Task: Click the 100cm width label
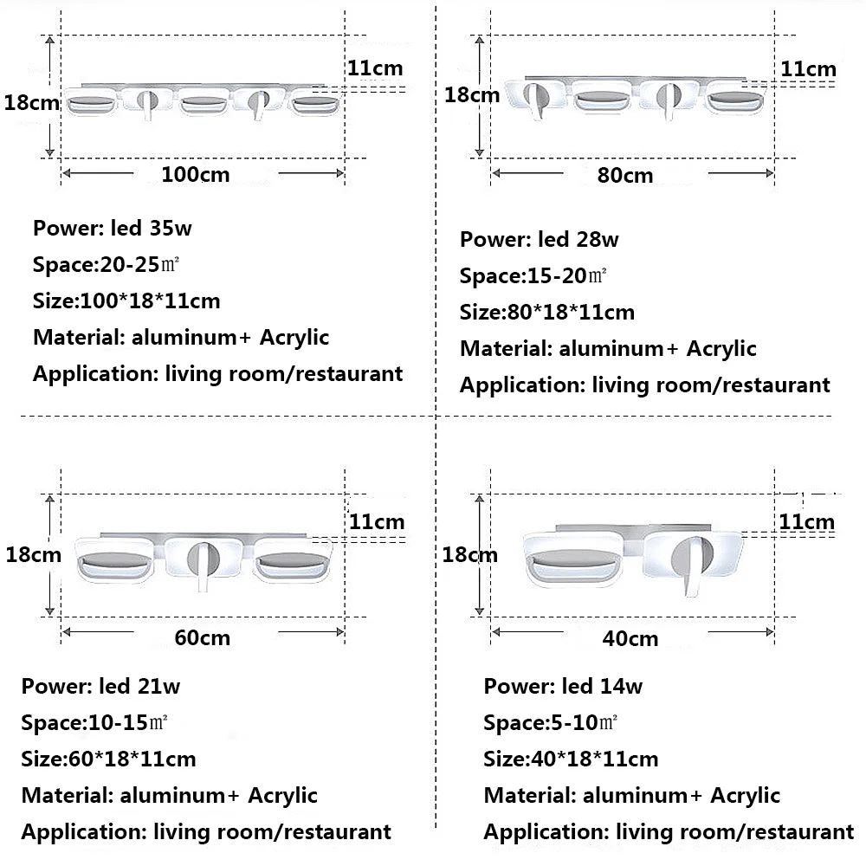tap(196, 175)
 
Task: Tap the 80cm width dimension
tap(625, 176)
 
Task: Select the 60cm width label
tap(202, 638)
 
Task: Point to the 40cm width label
tap(630, 639)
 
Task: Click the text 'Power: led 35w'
tap(112, 228)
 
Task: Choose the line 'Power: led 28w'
tap(539, 240)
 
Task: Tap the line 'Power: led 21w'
tap(100, 687)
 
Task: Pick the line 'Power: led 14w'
tap(563, 687)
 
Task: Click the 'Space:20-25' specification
tap(106, 264)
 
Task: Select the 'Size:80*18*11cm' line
tap(547, 313)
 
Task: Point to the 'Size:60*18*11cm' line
tap(109, 759)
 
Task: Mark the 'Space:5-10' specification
tap(551, 722)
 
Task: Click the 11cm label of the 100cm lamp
tap(375, 68)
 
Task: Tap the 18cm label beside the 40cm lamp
tap(470, 554)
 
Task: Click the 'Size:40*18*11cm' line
tap(571, 759)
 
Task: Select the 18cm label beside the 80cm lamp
tap(472, 95)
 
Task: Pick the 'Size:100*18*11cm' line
tap(126, 301)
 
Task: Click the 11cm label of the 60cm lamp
tap(377, 522)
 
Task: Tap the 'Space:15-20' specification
tap(533, 276)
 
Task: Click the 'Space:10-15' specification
tap(94, 722)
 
